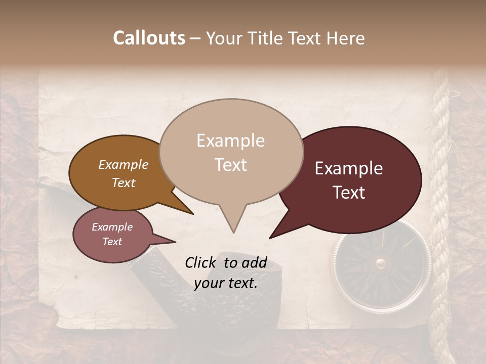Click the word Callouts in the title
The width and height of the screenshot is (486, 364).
[x=149, y=38]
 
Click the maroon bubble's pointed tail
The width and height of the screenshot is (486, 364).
[x=283, y=227]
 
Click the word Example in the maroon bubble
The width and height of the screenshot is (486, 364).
[x=349, y=169]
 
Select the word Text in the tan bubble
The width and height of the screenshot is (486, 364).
[x=231, y=165]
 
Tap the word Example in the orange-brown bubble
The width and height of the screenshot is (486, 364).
[x=124, y=165]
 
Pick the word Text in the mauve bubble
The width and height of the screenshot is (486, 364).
[x=112, y=242]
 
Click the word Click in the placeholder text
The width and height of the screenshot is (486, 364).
[x=202, y=262]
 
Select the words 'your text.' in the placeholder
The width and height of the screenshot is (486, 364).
[x=226, y=283]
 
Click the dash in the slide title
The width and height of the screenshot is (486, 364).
[x=196, y=38]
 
